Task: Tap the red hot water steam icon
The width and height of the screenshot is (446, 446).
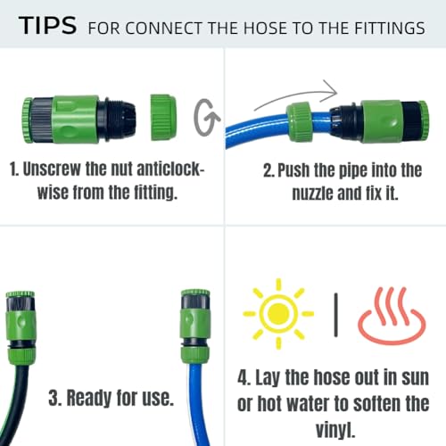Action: tap(391, 315)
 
